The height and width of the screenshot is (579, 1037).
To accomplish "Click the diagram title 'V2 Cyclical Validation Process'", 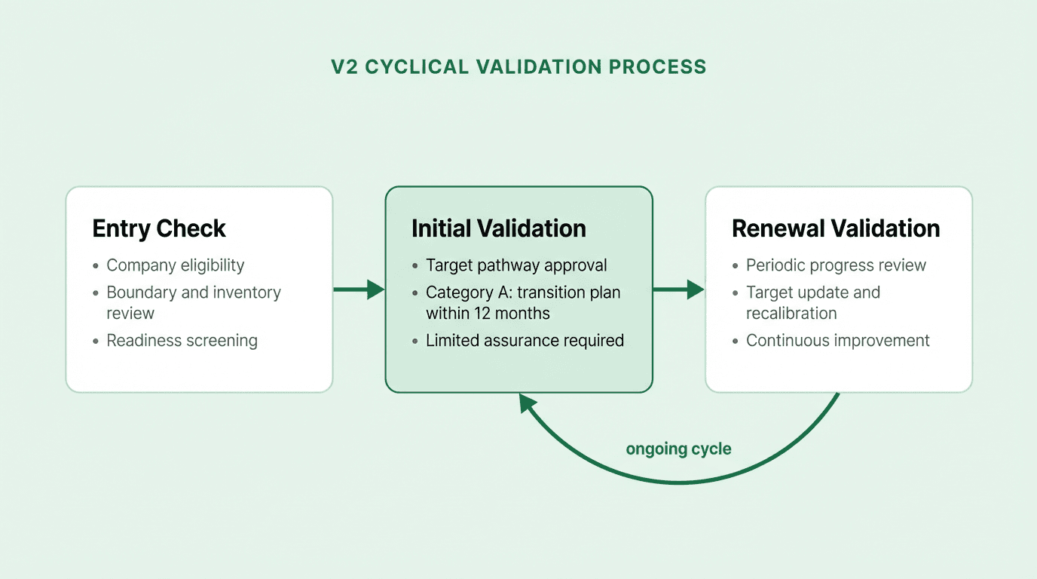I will coord(518,66).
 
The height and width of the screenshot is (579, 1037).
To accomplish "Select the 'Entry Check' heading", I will coord(159,228).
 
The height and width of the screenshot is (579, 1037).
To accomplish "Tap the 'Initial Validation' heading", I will coord(498,228).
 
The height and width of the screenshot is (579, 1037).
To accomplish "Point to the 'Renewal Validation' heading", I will coord(835,228).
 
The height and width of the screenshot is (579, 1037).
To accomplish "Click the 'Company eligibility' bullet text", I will coord(175,265).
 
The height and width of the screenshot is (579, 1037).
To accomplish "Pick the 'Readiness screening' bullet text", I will coord(182,341).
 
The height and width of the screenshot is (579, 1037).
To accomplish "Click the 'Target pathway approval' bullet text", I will coord(516,265).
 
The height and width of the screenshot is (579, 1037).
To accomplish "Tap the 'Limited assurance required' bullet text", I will coord(525,341).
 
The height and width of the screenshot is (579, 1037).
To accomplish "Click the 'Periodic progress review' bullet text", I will coord(836,265).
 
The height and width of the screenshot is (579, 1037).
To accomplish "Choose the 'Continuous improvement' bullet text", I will coord(837,341).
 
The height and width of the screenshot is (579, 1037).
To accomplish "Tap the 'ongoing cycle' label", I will coord(678,449).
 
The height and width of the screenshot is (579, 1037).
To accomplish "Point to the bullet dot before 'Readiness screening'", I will coord(95,342).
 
